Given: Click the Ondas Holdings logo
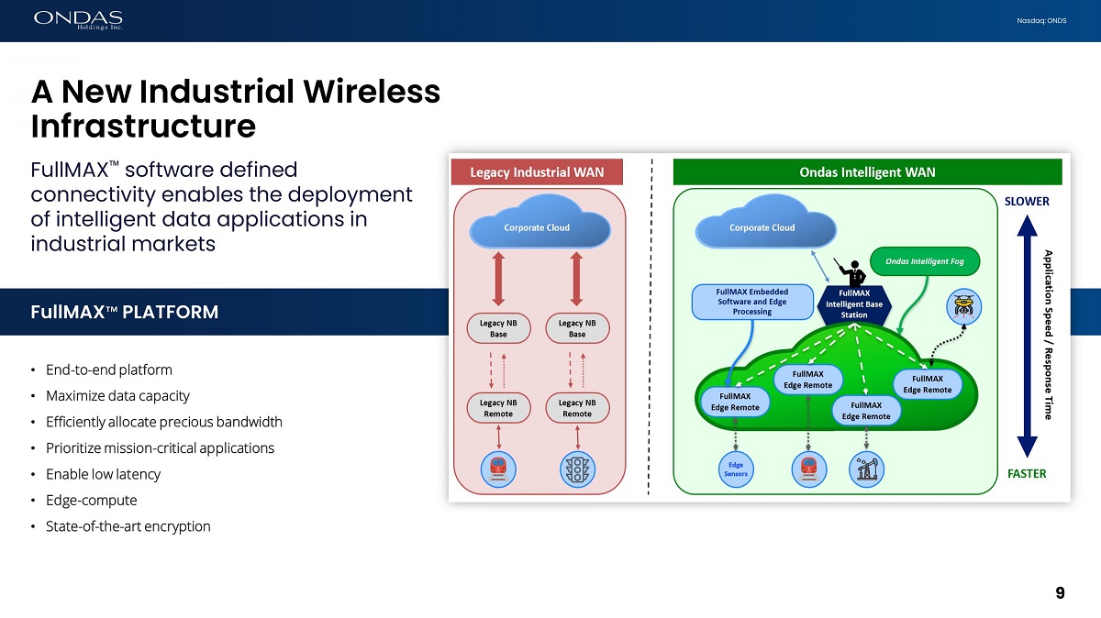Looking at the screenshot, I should [78, 19].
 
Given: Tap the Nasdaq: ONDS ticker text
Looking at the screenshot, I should [1042, 21].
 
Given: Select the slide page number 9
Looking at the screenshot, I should [1060, 593].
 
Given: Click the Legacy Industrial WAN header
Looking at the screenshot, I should [537, 171].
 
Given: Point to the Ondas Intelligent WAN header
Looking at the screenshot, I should [867, 171].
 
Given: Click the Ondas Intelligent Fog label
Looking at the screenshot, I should [925, 261].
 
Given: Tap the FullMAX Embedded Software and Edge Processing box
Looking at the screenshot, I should [751, 302].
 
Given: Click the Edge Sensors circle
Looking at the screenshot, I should [736, 469].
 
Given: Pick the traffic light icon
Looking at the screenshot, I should [577, 469].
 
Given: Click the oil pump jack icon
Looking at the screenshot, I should [866, 469].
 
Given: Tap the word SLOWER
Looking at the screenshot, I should [1027, 202].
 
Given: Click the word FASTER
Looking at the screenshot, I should [1027, 474].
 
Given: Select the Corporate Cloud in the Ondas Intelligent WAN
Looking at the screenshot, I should [762, 227].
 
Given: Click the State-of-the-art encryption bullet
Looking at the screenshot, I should [128, 526].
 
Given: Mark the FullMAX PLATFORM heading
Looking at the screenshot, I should [124, 313].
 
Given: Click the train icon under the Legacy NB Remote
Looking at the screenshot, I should [498, 469].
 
